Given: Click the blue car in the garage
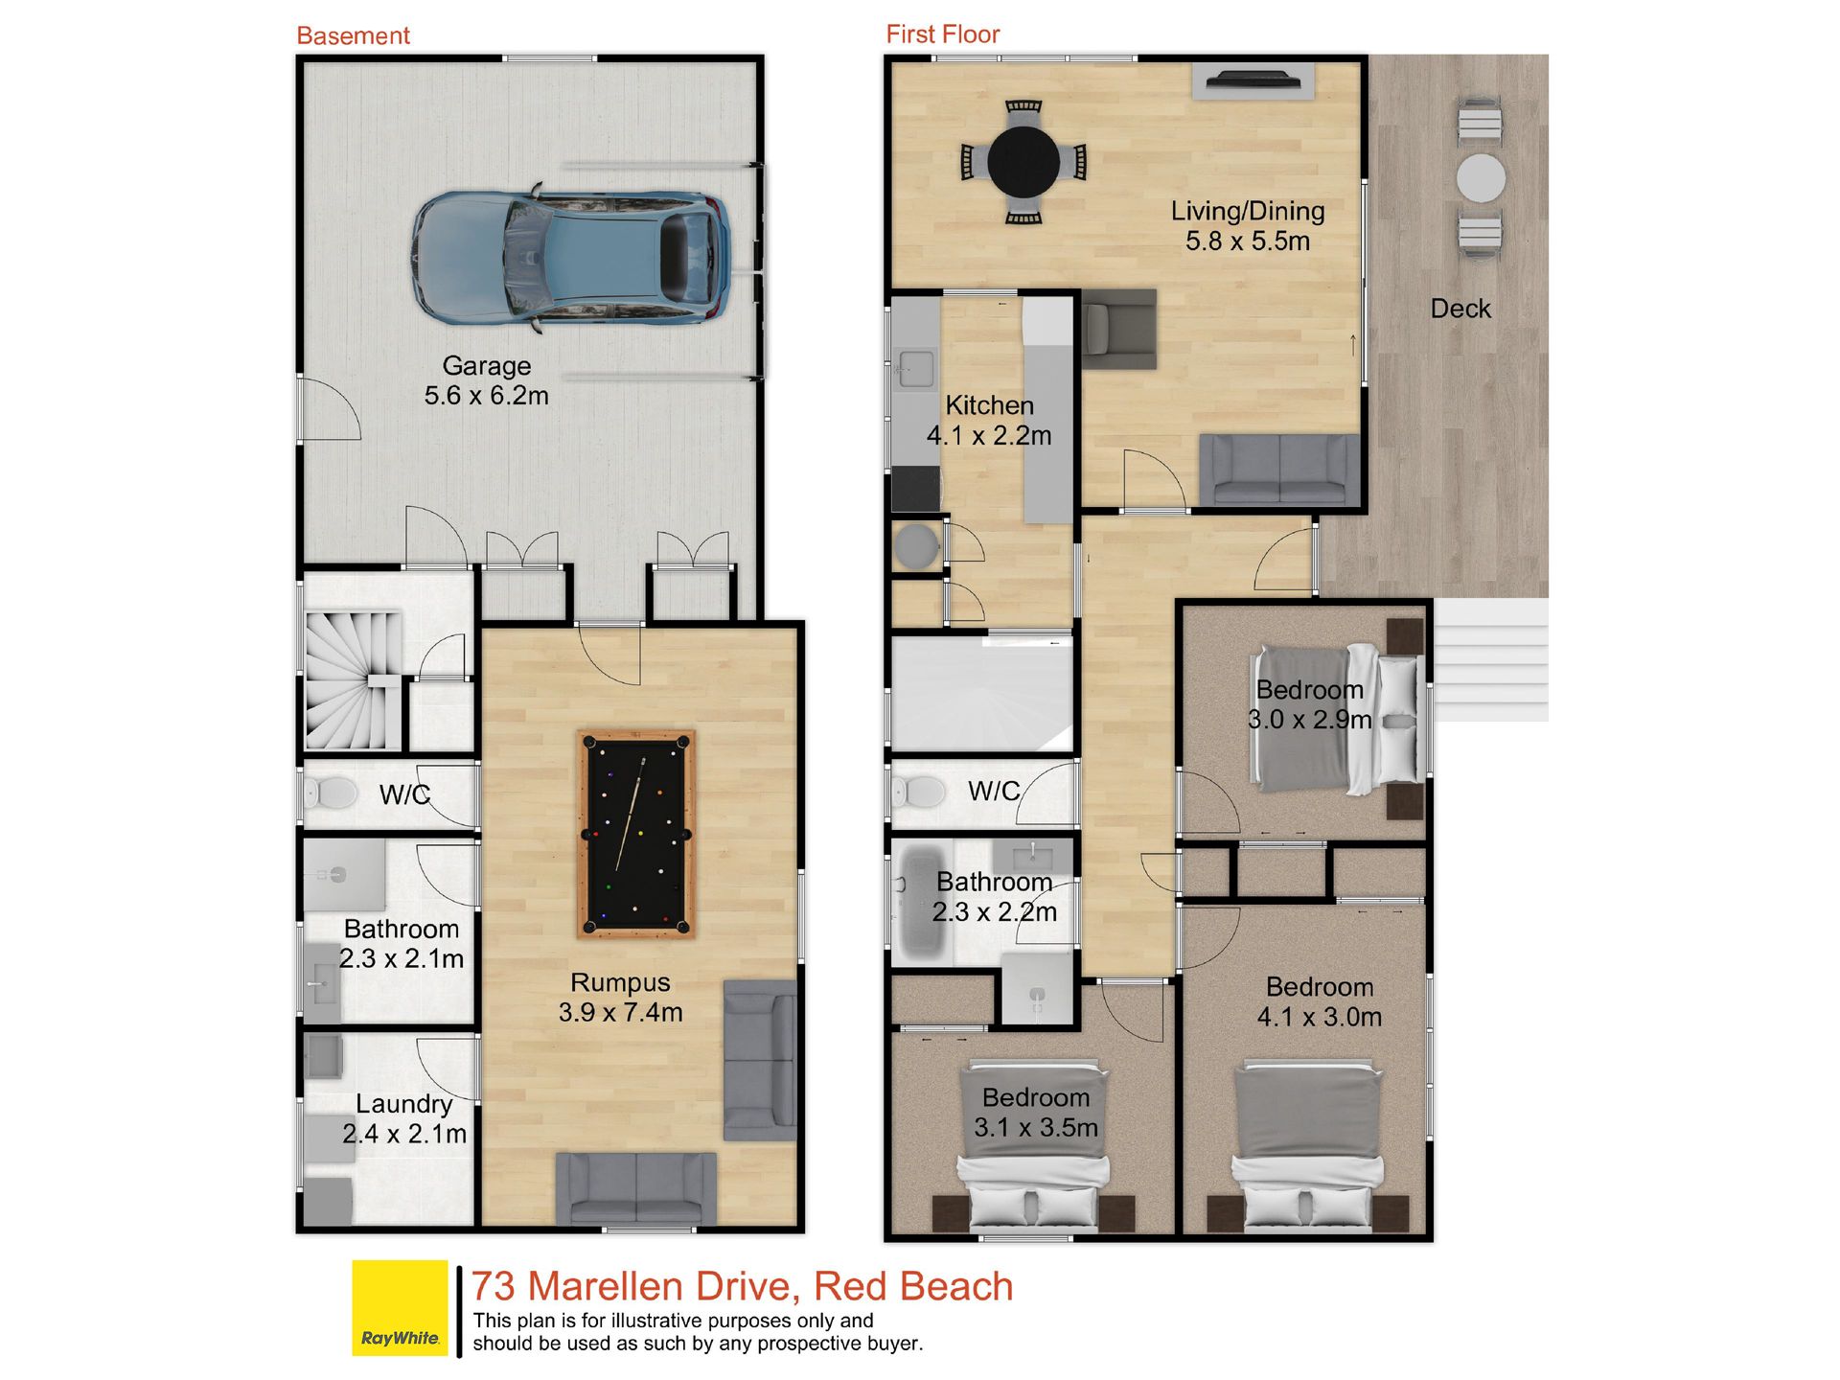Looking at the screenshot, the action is pyautogui.click(x=571, y=258).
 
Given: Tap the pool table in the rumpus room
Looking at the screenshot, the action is pyautogui.click(x=636, y=833).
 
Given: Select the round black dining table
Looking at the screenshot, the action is pyautogui.click(x=1023, y=162).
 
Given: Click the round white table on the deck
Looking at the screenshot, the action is pyautogui.click(x=1481, y=178).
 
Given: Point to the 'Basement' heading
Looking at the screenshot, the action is pyautogui.click(x=353, y=35).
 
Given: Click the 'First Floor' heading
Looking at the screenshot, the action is pyautogui.click(x=942, y=34).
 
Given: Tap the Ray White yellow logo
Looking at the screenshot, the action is pyautogui.click(x=400, y=1307).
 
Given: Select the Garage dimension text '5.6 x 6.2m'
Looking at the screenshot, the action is pyautogui.click(x=486, y=395).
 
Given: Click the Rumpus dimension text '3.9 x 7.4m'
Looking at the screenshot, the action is pyautogui.click(x=620, y=1012).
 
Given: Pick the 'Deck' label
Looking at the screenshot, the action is pyautogui.click(x=1460, y=309).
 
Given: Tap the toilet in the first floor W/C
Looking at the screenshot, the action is pyautogui.click(x=919, y=792).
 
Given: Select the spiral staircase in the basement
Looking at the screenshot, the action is pyautogui.click(x=353, y=680).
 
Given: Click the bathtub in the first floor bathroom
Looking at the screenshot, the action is pyautogui.click(x=919, y=903).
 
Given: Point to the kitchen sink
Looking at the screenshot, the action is pyautogui.click(x=915, y=368).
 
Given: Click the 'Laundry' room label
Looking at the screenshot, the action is pyautogui.click(x=403, y=1104).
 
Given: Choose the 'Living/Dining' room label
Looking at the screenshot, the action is pyautogui.click(x=1248, y=211).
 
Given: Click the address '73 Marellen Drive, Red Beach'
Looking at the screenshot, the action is pyautogui.click(x=742, y=1286).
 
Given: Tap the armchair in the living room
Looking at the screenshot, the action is pyautogui.click(x=1119, y=329).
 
